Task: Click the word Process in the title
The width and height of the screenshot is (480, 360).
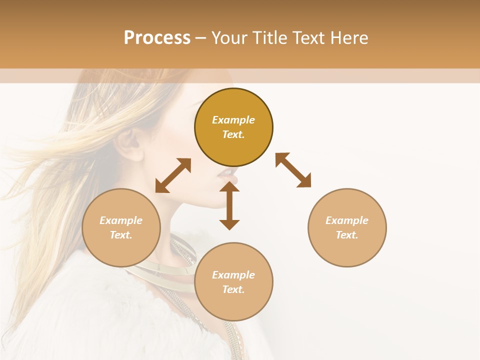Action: click(157, 38)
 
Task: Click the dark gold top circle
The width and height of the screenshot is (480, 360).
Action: click(233, 105)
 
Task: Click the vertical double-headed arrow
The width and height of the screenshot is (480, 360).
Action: click(229, 205)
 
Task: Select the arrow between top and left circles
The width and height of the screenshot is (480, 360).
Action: click(173, 175)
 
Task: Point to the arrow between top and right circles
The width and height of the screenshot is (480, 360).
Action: click(293, 170)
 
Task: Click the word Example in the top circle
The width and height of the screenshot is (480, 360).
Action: click(233, 120)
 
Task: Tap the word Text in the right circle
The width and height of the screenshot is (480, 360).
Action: click(347, 235)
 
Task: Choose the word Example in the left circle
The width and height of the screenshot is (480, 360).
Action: click(121, 220)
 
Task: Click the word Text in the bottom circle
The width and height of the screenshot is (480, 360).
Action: click(233, 289)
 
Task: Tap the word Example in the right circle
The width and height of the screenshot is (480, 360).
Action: click(347, 220)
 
